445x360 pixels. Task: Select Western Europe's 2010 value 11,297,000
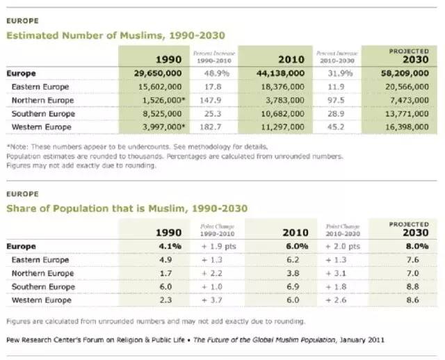(281, 126)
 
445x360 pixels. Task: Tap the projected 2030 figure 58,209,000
(405, 73)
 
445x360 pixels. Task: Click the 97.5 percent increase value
(337, 100)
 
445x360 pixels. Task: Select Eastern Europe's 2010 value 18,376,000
(281, 87)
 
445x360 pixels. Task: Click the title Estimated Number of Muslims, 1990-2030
(115, 35)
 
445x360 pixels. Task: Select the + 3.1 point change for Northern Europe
(338, 273)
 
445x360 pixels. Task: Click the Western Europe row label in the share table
(42, 300)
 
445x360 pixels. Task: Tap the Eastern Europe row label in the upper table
(41, 87)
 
